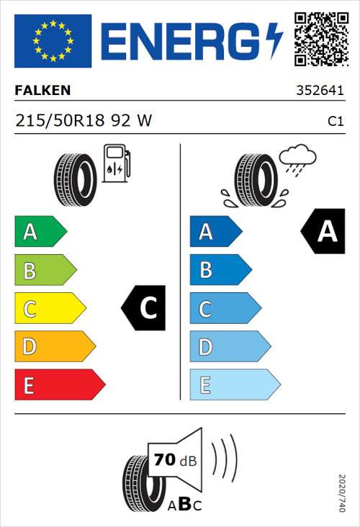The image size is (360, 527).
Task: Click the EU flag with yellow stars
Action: coord(53,40)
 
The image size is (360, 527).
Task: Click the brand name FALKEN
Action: coord(42,91)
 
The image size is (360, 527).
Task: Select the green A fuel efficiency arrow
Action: coord(40,232)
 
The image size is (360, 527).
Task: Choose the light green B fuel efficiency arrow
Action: coord(45,271)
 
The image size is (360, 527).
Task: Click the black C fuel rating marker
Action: coord(145,309)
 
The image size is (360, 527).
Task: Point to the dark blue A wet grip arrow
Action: coord(215,232)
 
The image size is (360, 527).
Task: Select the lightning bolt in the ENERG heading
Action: coord(274,40)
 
